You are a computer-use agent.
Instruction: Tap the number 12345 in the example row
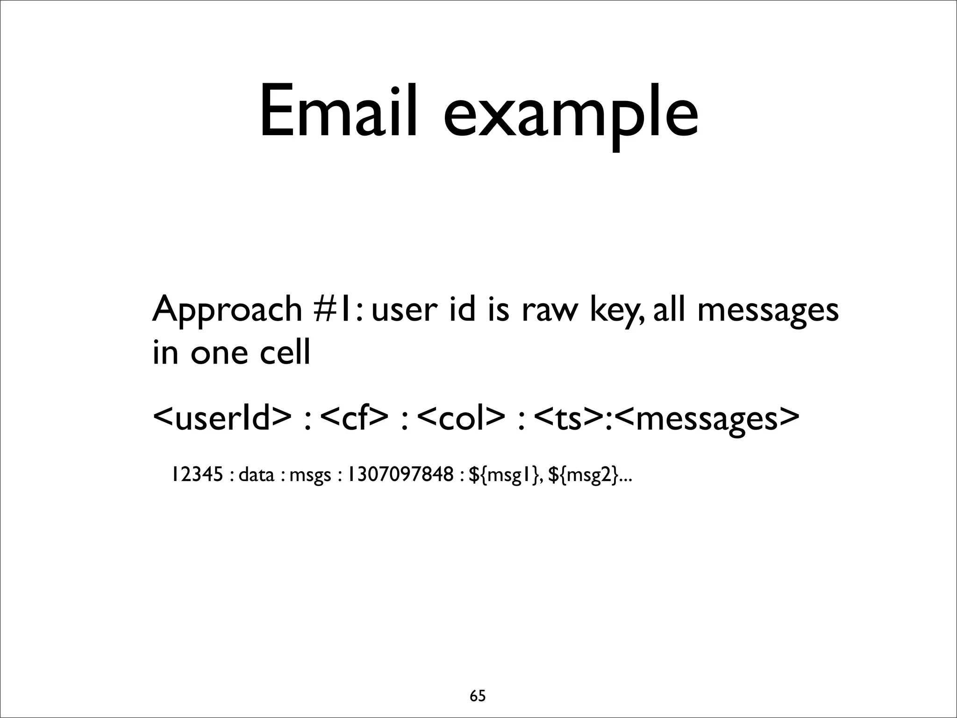click(x=196, y=475)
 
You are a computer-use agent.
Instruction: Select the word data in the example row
click(x=256, y=475)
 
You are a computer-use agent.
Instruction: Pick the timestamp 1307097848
click(x=398, y=475)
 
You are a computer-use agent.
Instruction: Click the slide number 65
click(x=478, y=683)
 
